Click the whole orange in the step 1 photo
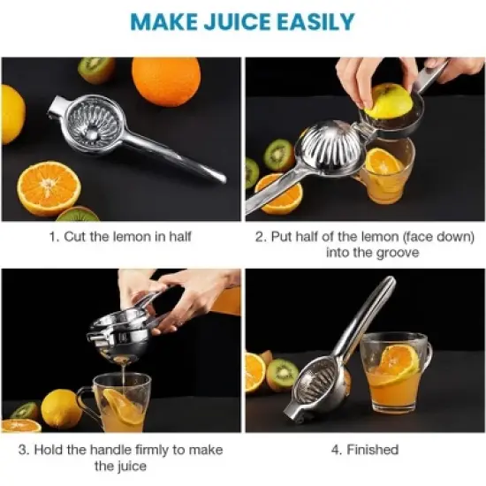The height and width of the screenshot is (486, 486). tap(165, 81)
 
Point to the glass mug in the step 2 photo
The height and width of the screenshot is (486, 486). tap(386, 172)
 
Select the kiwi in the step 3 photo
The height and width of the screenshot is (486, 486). tap(25, 412)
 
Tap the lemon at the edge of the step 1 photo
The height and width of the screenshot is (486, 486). tap(11, 114)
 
